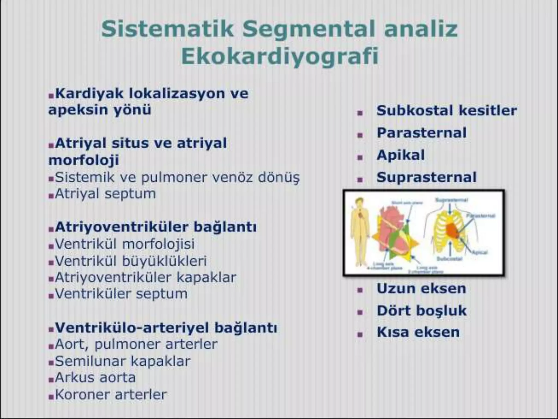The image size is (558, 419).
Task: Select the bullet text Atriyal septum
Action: (x=105, y=194)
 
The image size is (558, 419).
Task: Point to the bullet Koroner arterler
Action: (x=111, y=394)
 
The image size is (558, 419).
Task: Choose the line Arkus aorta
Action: (x=95, y=378)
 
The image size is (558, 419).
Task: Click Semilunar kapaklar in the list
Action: (x=123, y=361)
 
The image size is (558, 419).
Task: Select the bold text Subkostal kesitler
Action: (x=447, y=110)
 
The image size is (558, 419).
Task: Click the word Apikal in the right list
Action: (x=401, y=155)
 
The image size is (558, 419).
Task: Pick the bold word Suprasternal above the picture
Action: (x=426, y=177)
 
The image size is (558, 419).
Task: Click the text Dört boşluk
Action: (x=421, y=311)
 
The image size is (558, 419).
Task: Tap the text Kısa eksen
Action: (x=418, y=332)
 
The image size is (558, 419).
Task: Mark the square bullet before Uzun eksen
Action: (x=360, y=290)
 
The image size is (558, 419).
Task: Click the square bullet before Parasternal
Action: (x=360, y=135)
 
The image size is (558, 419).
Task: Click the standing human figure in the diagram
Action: (x=359, y=232)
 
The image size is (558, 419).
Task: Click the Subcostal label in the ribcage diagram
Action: (x=449, y=258)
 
